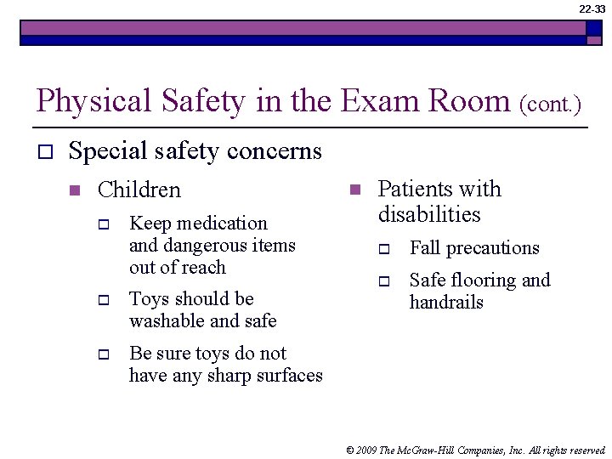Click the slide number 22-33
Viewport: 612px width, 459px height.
tap(592, 8)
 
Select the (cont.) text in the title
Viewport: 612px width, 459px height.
tap(550, 106)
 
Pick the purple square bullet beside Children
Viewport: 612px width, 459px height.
tap(75, 190)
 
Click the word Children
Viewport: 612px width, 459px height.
tap(139, 190)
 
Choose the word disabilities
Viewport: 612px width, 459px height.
tap(429, 215)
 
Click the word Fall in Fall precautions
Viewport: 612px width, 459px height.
tap(424, 248)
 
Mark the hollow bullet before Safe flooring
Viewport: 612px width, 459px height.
tap(384, 281)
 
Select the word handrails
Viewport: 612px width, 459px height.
tap(446, 303)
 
